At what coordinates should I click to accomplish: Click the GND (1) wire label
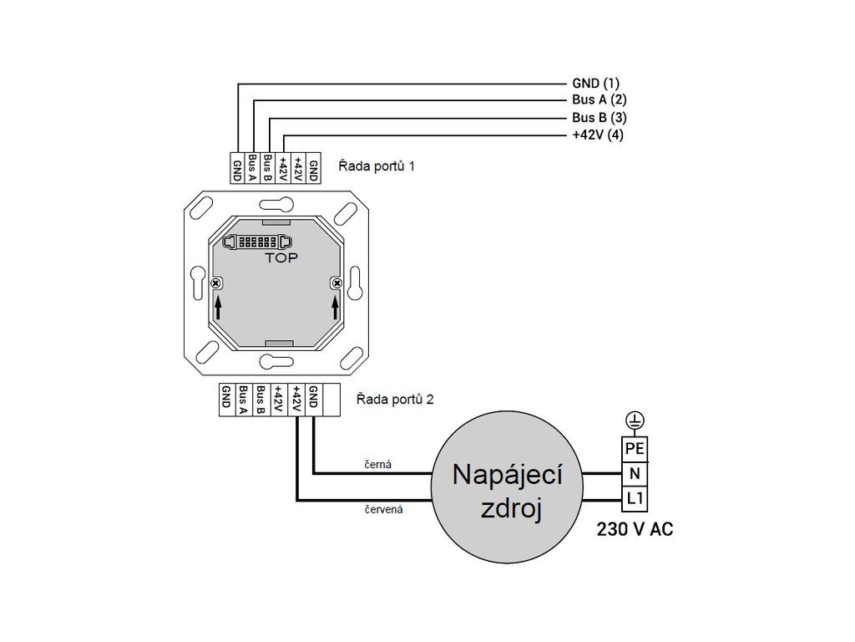(x=595, y=84)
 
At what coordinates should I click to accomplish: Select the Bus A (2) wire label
(x=600, y=100)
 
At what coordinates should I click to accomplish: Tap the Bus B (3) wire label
(x=600, y=117)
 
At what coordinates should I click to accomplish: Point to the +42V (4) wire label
(x=598, y=135)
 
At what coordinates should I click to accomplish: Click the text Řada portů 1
(x=377, y=166)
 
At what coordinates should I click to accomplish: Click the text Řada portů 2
(x=395, y=399)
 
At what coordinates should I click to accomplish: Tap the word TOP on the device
(x=281, y=257)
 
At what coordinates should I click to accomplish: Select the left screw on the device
(x=216, y=283)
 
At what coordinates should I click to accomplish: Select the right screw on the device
(x=337, y=283)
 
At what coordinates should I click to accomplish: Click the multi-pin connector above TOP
(x=257, y=242)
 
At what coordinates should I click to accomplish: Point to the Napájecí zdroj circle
(x=507, y=487)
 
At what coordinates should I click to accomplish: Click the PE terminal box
(x=635, y=449)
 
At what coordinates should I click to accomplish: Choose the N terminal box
(x=635, y=473)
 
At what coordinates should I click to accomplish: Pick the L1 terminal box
(x=635, y=498)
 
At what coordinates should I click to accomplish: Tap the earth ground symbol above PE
(x=635, y=421)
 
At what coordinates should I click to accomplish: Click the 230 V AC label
(x=635, y=529)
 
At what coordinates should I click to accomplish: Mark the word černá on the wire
(x=378, y=465)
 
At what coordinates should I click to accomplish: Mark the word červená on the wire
(x=384, y=509)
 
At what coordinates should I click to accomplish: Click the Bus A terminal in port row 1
(x=252, y=168)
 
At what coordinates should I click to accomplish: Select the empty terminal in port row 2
(x=331, y=400)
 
